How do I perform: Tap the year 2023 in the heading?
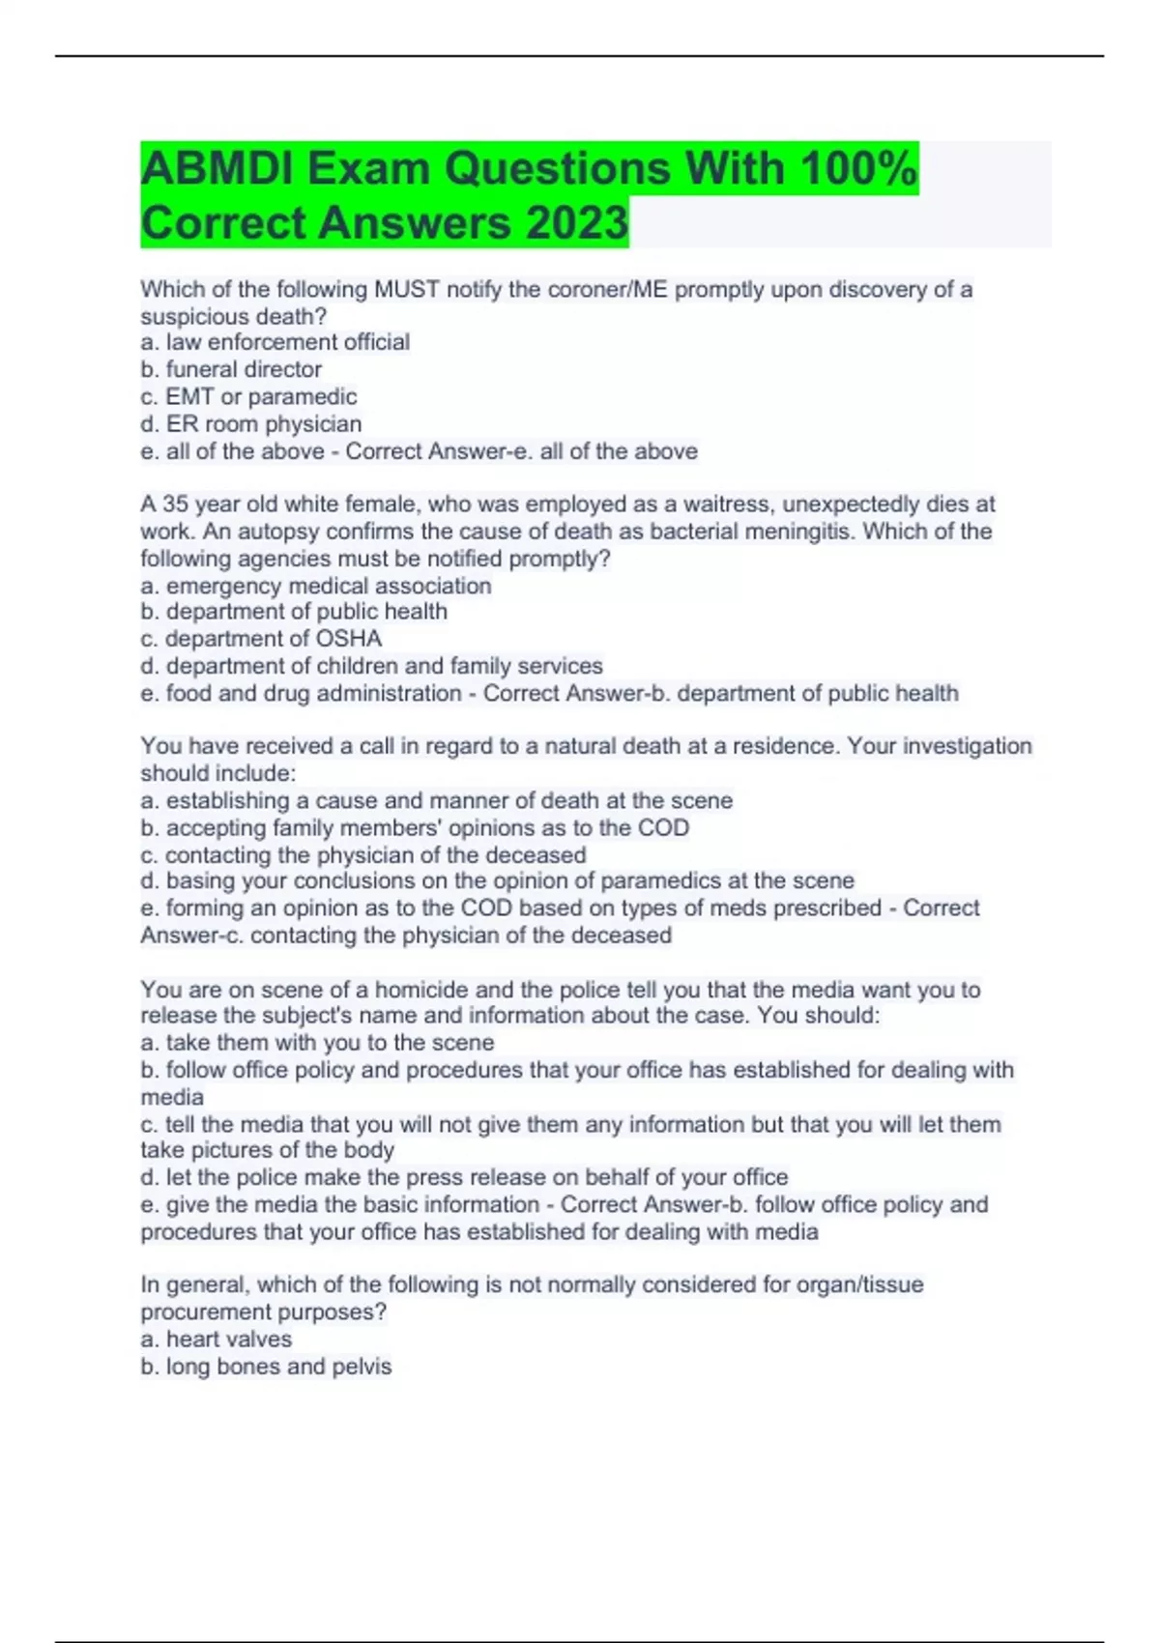tap(577, 222)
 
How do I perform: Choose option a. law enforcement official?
tap(275, 342)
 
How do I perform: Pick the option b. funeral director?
tap(231, 369)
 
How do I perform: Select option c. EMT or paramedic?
tap(248, 396)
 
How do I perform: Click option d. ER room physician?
tap(251, 423)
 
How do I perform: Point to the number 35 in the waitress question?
tap(175, 504)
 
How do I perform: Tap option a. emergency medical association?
tap(316, 586)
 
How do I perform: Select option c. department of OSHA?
tap(261, 639)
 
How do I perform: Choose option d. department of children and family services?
tap(371, 666)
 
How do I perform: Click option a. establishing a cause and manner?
tap(436, 800)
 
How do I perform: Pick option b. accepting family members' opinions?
tap(415, 827)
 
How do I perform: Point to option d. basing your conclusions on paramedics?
tap(497, 880)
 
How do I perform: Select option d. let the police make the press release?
tap(464, 1177)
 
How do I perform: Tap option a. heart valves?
tap(217, 1340)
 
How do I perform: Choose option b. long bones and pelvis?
tap(266, 1367)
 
